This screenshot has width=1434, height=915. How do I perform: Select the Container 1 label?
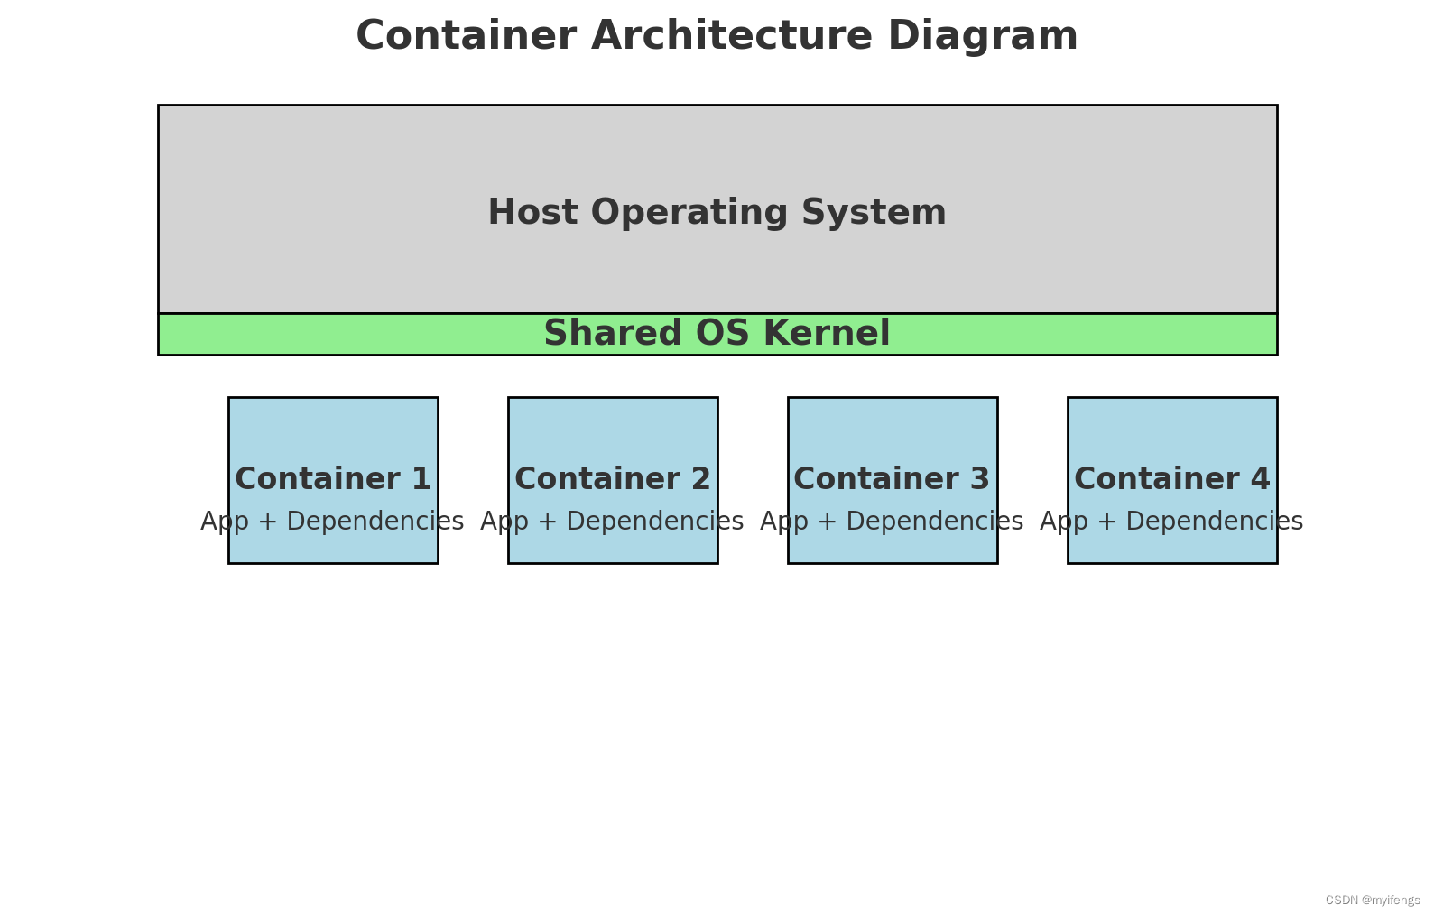click(333, 479)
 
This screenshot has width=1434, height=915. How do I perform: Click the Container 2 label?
click(613, 479)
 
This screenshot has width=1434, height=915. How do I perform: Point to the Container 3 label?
click(892, 479)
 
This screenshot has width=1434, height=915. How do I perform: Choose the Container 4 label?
click(1171, 479)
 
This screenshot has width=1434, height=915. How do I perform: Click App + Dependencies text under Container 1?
click(332, 522)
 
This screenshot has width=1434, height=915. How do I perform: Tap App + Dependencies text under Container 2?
click(612, 522)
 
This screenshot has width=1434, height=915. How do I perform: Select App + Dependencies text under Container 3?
click(892, 522)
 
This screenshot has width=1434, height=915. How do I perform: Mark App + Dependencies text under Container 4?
click(1171, 522)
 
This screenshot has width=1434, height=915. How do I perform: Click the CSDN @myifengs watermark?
click(1373, 901)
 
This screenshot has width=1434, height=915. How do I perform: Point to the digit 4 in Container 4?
click(1260, 479)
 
